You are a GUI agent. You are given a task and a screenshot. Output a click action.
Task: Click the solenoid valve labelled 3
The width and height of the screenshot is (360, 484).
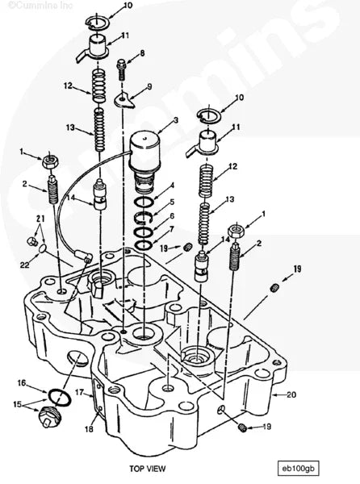[x=144, y=161]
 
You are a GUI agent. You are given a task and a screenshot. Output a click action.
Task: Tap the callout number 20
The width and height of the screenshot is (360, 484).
[x=291, y=394]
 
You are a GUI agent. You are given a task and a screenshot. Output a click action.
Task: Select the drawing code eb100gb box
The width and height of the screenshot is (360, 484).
[x=298, y=468]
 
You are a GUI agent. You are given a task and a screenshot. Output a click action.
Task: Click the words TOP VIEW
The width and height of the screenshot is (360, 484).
[x=147, y=469]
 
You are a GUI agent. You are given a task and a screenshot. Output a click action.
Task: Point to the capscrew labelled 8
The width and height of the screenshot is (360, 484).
[x=121, y=70]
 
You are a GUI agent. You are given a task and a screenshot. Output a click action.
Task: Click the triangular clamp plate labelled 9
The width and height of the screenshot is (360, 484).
[x=125, y=99]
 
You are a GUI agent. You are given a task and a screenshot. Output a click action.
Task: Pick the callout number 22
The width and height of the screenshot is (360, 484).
[x=25, y=265]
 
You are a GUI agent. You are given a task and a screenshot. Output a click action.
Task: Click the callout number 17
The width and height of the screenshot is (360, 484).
[x=80, y=392]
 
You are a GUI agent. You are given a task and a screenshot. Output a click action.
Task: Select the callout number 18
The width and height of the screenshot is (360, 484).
[x=89, y=429]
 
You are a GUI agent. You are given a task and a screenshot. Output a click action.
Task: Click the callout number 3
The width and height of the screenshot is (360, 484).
[x=176, y=120]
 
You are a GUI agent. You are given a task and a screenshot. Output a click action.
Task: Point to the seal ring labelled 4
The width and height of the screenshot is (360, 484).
[x=144, y=202]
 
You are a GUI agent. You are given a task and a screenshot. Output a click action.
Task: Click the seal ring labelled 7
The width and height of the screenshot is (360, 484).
[x=144, y=245]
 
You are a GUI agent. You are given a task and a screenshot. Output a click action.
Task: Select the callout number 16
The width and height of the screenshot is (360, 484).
[x=22, y=383]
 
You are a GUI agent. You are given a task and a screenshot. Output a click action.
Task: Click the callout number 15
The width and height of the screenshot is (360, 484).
[x=18, y=404]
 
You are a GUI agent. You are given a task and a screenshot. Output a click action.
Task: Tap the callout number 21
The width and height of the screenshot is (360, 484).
[x=40, y=219]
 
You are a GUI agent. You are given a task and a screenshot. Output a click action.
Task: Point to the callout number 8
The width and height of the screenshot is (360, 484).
[x=142, y=53]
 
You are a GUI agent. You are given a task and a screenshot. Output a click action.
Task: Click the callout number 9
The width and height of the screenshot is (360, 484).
[x=149, y=86]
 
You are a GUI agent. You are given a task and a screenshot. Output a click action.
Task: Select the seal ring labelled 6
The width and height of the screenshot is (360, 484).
[x=144, y=232]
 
